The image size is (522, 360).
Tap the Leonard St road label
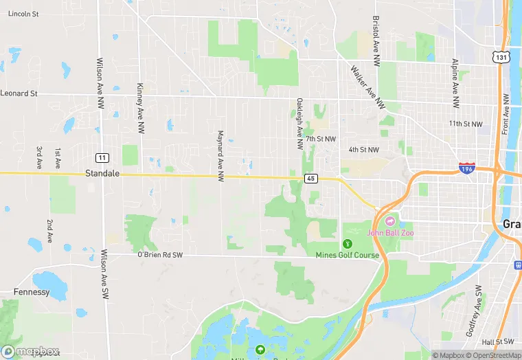pyautogui.click(x=19, y=93)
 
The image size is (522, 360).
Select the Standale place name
pyautogui.click(x=102, y=174)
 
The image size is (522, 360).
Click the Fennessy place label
pyautogui.click(x=32, y=292)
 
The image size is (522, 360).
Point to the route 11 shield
pyautogui.click(x=102, y=157)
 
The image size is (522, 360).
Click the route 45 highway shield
pyautogui.click(x=311, y=179)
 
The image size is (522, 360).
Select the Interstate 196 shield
pyautogui.click(x=467, y=168)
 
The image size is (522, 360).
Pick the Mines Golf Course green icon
pyautogui.click(x=348, y=244)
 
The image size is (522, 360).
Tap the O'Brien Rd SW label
pyautogui.click(x=159, y=255)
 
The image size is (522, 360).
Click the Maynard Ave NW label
pyautogui.click(x=220, y=156)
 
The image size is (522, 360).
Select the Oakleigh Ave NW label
pyautogui.click(x=299, y=124)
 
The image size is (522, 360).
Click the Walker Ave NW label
pyautogui.click(x=367, y=87)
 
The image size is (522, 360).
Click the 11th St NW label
pyautogui.click(x=466, y=124)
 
